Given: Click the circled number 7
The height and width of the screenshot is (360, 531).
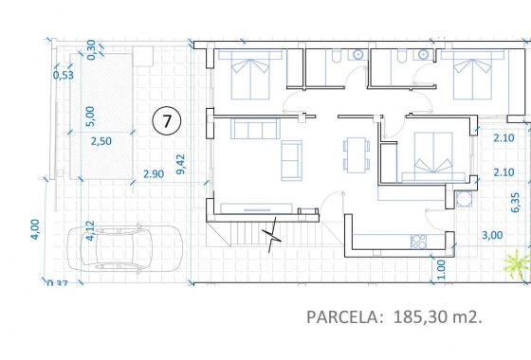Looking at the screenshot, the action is coord(167,121).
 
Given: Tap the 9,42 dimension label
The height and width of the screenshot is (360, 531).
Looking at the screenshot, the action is coord(181,164).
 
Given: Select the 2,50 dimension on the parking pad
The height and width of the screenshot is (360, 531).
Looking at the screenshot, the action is coord(101,141).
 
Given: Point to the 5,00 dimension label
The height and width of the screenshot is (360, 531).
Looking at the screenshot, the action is coord(90,116).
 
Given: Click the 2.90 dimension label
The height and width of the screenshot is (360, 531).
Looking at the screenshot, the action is coord(154,174).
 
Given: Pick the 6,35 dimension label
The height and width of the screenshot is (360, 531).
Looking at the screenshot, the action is coord(515,203).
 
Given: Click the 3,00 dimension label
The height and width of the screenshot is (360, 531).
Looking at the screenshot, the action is coord(492,235).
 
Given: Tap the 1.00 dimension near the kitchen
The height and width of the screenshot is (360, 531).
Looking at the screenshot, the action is coord(441,270).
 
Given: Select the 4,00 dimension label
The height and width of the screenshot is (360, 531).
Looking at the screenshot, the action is coord(35,229).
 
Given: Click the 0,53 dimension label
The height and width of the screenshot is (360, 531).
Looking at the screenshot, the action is coord(64,75).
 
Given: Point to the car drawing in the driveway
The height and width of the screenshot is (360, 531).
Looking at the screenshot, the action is coord(125,248).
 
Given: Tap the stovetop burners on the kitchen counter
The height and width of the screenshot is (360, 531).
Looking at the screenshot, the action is coord(418,242).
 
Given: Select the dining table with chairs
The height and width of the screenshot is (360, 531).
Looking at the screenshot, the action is coord(357,154).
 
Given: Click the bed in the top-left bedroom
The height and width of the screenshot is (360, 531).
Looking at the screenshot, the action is coord(250,75).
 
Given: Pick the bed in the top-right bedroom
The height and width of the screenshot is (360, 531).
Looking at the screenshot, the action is coord(472,75).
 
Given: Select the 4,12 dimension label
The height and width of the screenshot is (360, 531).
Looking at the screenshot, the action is coord(90,231).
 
